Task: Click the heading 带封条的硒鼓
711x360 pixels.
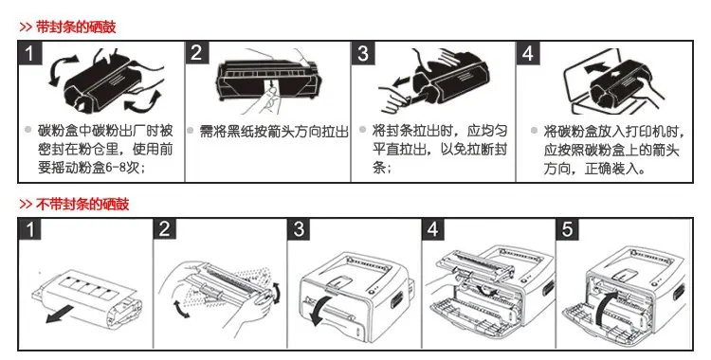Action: click(76, 27)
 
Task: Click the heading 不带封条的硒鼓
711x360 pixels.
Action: click(82, 204)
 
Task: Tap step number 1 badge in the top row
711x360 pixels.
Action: click(30, 53)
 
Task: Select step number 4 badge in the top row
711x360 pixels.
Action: click(528, 53)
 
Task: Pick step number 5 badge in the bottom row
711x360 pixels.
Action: click(568, 229)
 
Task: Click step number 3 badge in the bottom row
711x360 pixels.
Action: click(299, 229)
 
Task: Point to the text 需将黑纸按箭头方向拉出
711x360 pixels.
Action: click(274, 132)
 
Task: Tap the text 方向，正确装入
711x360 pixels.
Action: click(594, 170)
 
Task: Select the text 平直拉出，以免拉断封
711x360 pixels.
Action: click(440, 150)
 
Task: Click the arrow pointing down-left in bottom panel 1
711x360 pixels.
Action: click(59, 314)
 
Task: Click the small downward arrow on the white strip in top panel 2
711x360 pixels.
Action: click(271, 84)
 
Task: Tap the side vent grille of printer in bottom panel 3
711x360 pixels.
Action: click(397, 299)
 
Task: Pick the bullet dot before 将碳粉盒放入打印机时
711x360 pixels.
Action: click(534, 131)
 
